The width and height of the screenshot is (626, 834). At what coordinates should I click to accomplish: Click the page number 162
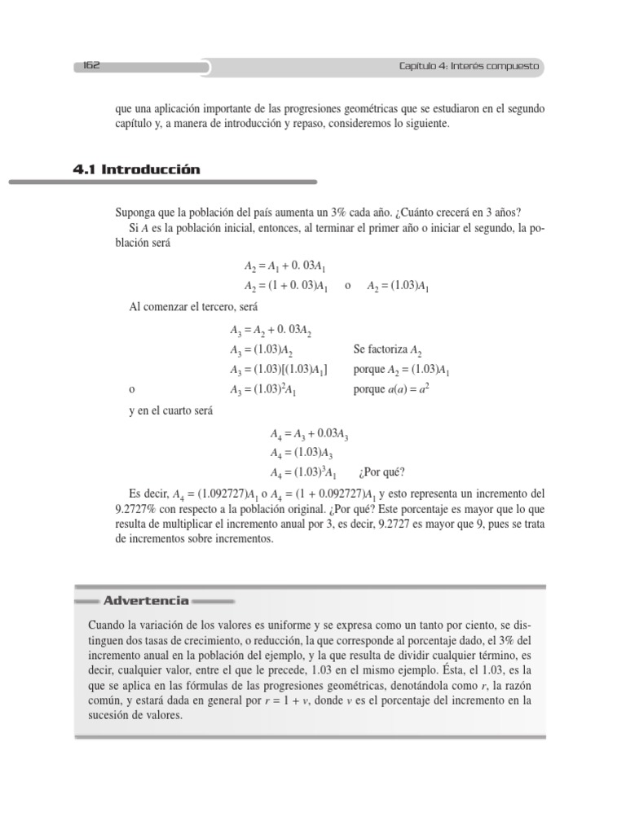90,67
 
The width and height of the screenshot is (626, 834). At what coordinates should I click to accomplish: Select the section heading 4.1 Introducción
136,169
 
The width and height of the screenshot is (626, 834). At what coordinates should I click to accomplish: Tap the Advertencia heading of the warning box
146,601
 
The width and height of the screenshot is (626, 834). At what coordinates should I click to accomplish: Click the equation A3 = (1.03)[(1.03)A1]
279,370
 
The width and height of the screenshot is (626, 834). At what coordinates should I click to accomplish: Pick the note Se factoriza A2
388,350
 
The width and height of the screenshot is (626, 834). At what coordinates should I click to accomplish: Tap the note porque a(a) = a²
391,389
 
